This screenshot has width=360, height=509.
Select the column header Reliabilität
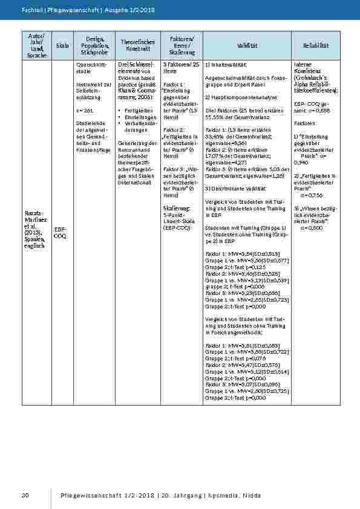[x=315, y=46]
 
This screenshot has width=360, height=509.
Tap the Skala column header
[x=62, y=46]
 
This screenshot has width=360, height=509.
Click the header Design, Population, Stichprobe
[x=93, y=46]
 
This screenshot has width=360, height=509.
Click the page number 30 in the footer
[x=25, y=496]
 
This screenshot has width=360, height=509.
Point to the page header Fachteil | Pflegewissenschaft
[x=54, y=10]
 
